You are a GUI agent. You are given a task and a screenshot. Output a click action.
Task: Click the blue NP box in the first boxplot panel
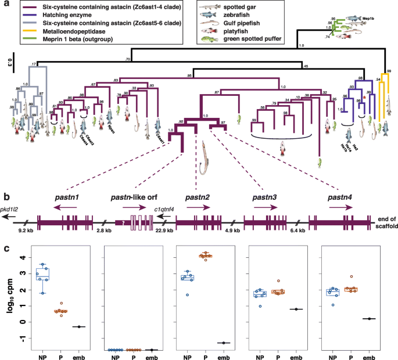(42, 273)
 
